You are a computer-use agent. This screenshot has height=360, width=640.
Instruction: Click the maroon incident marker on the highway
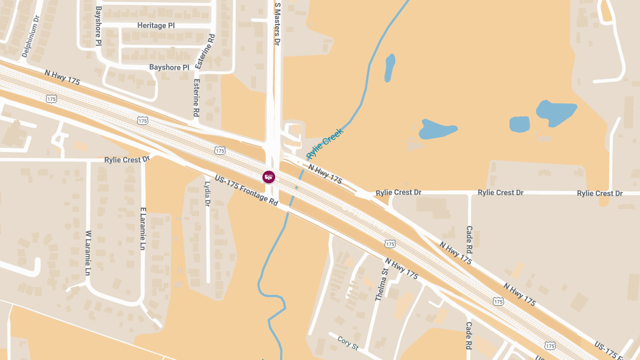coord(269,177)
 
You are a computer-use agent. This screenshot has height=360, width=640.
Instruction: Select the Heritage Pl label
coord(156,25)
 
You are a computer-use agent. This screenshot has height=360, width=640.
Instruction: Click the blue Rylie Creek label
coord(324,143)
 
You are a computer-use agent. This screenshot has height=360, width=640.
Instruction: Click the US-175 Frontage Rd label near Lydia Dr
coord(246,190)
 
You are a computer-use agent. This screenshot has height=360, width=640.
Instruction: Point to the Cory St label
coord(348,342)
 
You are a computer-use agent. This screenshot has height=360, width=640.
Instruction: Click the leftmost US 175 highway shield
coord(51,99)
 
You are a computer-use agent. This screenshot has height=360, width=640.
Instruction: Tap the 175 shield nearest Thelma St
coord(390,244)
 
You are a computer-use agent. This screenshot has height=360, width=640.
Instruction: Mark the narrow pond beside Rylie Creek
coord(390,67)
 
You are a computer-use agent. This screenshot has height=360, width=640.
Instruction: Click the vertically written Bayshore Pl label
coord(99,26)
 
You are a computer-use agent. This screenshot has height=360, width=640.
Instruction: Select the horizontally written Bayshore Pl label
coord(169,68)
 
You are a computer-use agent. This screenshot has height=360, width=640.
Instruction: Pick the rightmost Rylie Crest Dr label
coord(599,193)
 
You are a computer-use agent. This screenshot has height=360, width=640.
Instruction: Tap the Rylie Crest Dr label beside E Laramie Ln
coord(127,159)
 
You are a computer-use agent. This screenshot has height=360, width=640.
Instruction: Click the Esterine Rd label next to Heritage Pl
coord(212,51)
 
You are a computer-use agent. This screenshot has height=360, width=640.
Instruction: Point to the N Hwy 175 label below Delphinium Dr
coord(62,78)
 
